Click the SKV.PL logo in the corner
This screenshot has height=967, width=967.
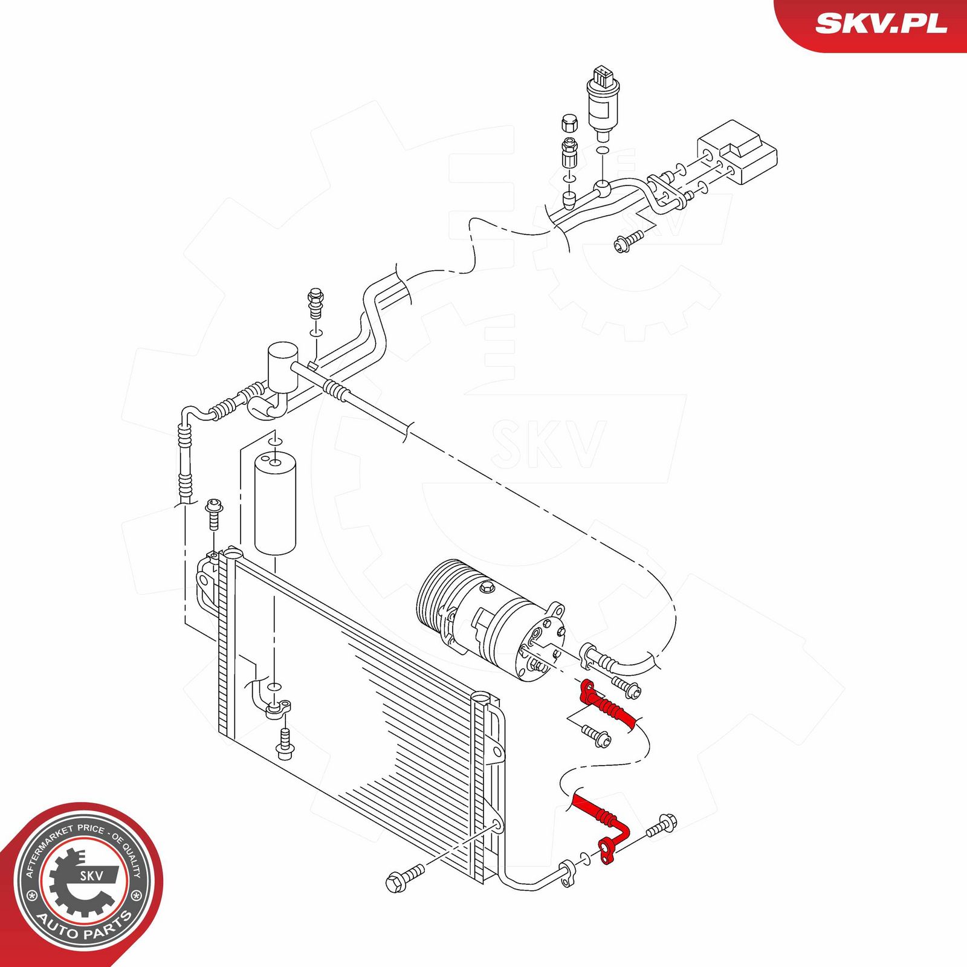pyautogui.click(x=881, y=24)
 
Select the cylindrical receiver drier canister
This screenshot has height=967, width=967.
pyautogui.click(x=275, y=502)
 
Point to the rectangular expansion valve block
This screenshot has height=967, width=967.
pyautogui.click(x=737, y=151)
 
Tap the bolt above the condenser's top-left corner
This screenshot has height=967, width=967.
pyautogui.click(x=214, y=514)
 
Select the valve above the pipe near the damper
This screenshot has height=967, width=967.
pyautogui.click(x=315, y=303)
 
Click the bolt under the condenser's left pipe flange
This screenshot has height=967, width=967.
pyautogui.click(x=285, y=744)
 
